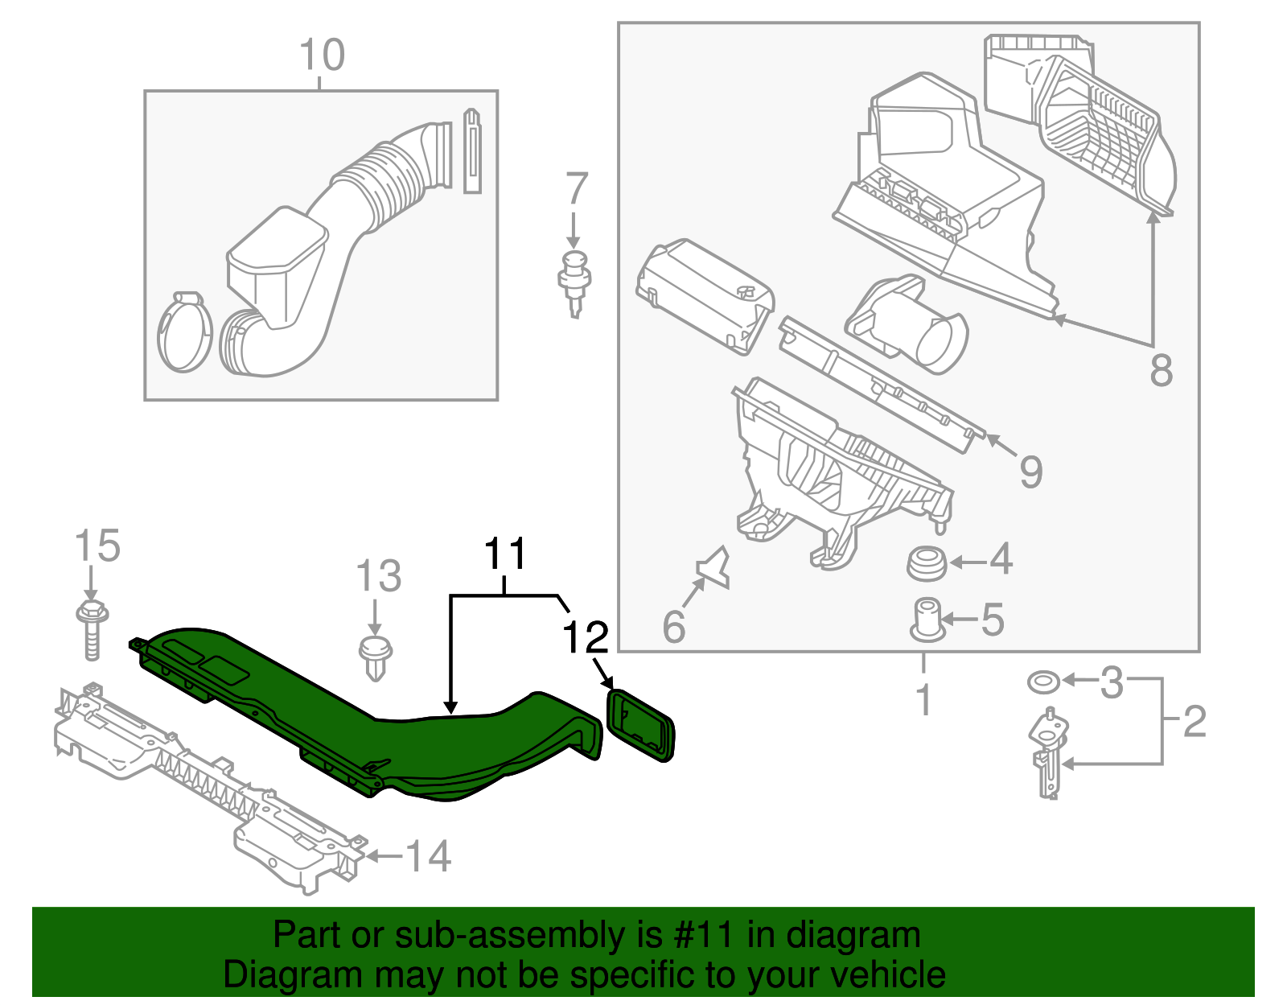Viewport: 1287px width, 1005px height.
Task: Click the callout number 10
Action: (322, 56)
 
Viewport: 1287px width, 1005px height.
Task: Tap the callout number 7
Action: (576, 190)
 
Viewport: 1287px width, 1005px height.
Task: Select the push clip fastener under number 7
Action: (574, 282)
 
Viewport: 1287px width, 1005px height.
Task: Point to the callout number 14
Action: (427, 856)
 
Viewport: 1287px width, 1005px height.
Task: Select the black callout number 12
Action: (586, 638)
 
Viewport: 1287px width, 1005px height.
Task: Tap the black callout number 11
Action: (505, 554)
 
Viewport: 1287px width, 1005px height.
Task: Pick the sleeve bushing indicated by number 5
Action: (927, 620)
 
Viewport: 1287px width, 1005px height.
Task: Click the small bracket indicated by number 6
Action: (715, 568)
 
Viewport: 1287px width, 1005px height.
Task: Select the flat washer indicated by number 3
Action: (1043, 682)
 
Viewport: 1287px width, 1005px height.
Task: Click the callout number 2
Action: (1194, 722)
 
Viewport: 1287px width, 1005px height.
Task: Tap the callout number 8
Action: (1161, 372)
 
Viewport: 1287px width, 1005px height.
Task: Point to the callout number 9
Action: (1030, 472)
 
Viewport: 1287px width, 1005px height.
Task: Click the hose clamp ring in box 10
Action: (184, 332)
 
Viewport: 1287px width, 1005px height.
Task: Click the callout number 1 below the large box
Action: (924, 699)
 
